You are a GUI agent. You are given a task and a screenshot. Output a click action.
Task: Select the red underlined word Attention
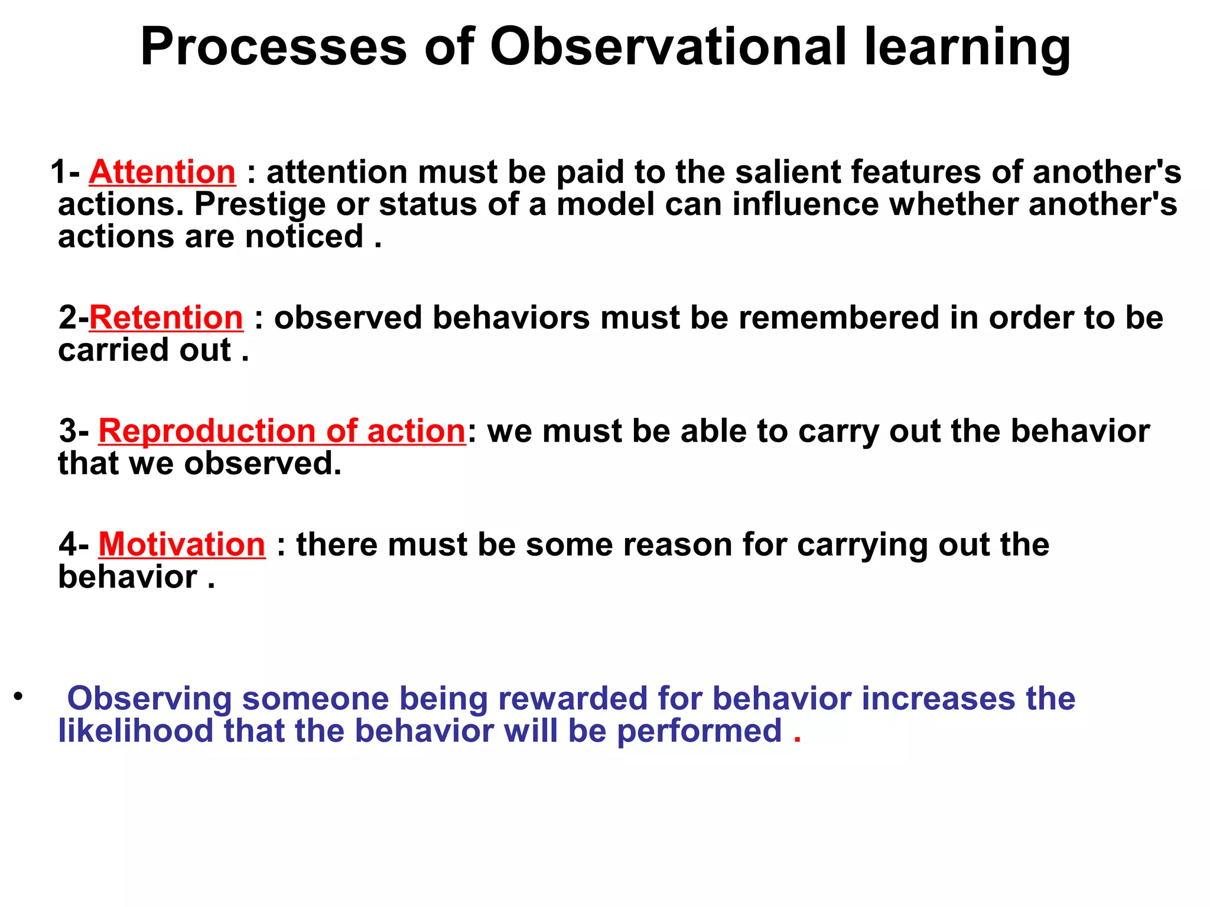point(162,172)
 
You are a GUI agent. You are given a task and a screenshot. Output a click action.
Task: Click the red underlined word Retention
point(166,318)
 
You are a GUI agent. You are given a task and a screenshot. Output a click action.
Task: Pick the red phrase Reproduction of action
point(282,431)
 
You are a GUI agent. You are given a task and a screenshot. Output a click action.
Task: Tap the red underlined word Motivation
point(182,544)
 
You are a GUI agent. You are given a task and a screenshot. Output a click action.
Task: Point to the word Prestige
point(260,205)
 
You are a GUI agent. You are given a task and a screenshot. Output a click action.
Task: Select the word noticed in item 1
point(304,237)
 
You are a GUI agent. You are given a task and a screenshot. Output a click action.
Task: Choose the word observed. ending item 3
point(263,464)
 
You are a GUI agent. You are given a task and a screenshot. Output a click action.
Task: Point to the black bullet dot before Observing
point(19,696)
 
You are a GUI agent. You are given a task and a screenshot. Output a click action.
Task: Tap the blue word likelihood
point(135,731)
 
